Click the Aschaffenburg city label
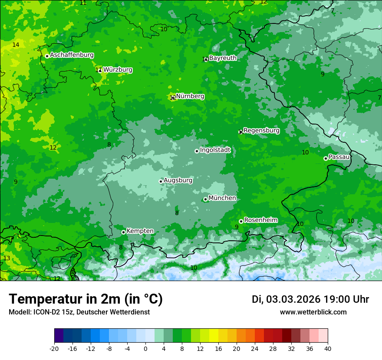[72, 55]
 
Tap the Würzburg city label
[118, 70]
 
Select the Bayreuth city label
[223, 58]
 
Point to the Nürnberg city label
[190, 96]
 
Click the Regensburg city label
[261, 131]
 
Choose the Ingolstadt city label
[215, 150]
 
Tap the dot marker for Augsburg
[161, 181]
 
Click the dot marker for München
[205, 200]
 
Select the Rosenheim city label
[260, 220]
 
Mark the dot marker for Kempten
[123, 232]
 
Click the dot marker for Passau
[326, 158]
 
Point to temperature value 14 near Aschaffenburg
[16, 45]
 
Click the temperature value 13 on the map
[7, 258]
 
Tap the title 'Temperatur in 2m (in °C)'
[86, 299]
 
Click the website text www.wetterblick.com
[313, 312]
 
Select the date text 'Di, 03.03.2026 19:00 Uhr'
[310, 299]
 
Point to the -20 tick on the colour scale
[54, 349]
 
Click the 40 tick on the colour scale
[328, 349]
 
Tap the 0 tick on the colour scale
[145, 349]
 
